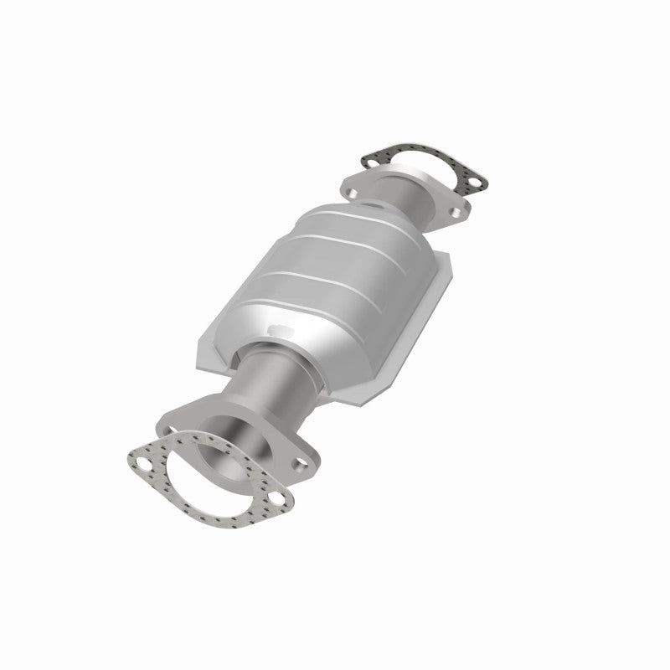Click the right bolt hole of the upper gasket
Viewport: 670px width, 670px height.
tap(475, 179)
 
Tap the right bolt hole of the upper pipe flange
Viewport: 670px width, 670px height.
tap(456, 214)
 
